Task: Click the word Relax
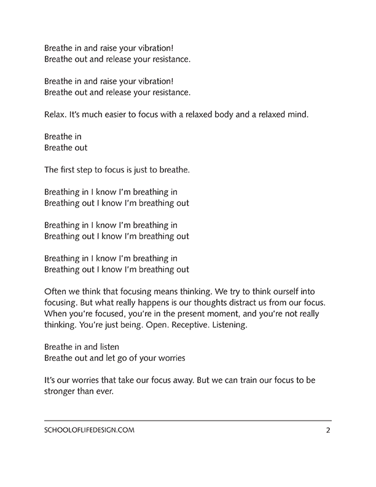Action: (57, 114)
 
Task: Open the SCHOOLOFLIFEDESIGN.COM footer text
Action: (90, 431)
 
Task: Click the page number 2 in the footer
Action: (328, 431)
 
